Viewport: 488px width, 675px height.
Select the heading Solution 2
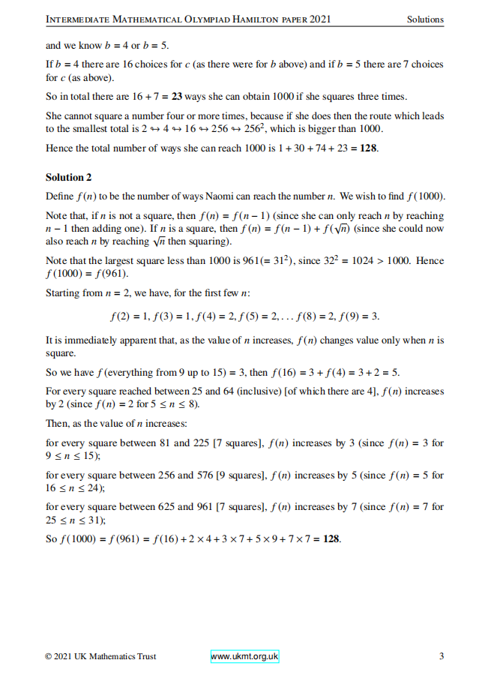pos(68,178)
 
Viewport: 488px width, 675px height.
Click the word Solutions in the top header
pos(425,19)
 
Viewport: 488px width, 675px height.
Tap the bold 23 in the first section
pos(177,96)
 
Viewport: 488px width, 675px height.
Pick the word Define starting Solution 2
pos(60,196)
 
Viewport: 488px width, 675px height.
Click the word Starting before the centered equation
pos(64,293)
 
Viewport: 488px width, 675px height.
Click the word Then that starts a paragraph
pos(58,424)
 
